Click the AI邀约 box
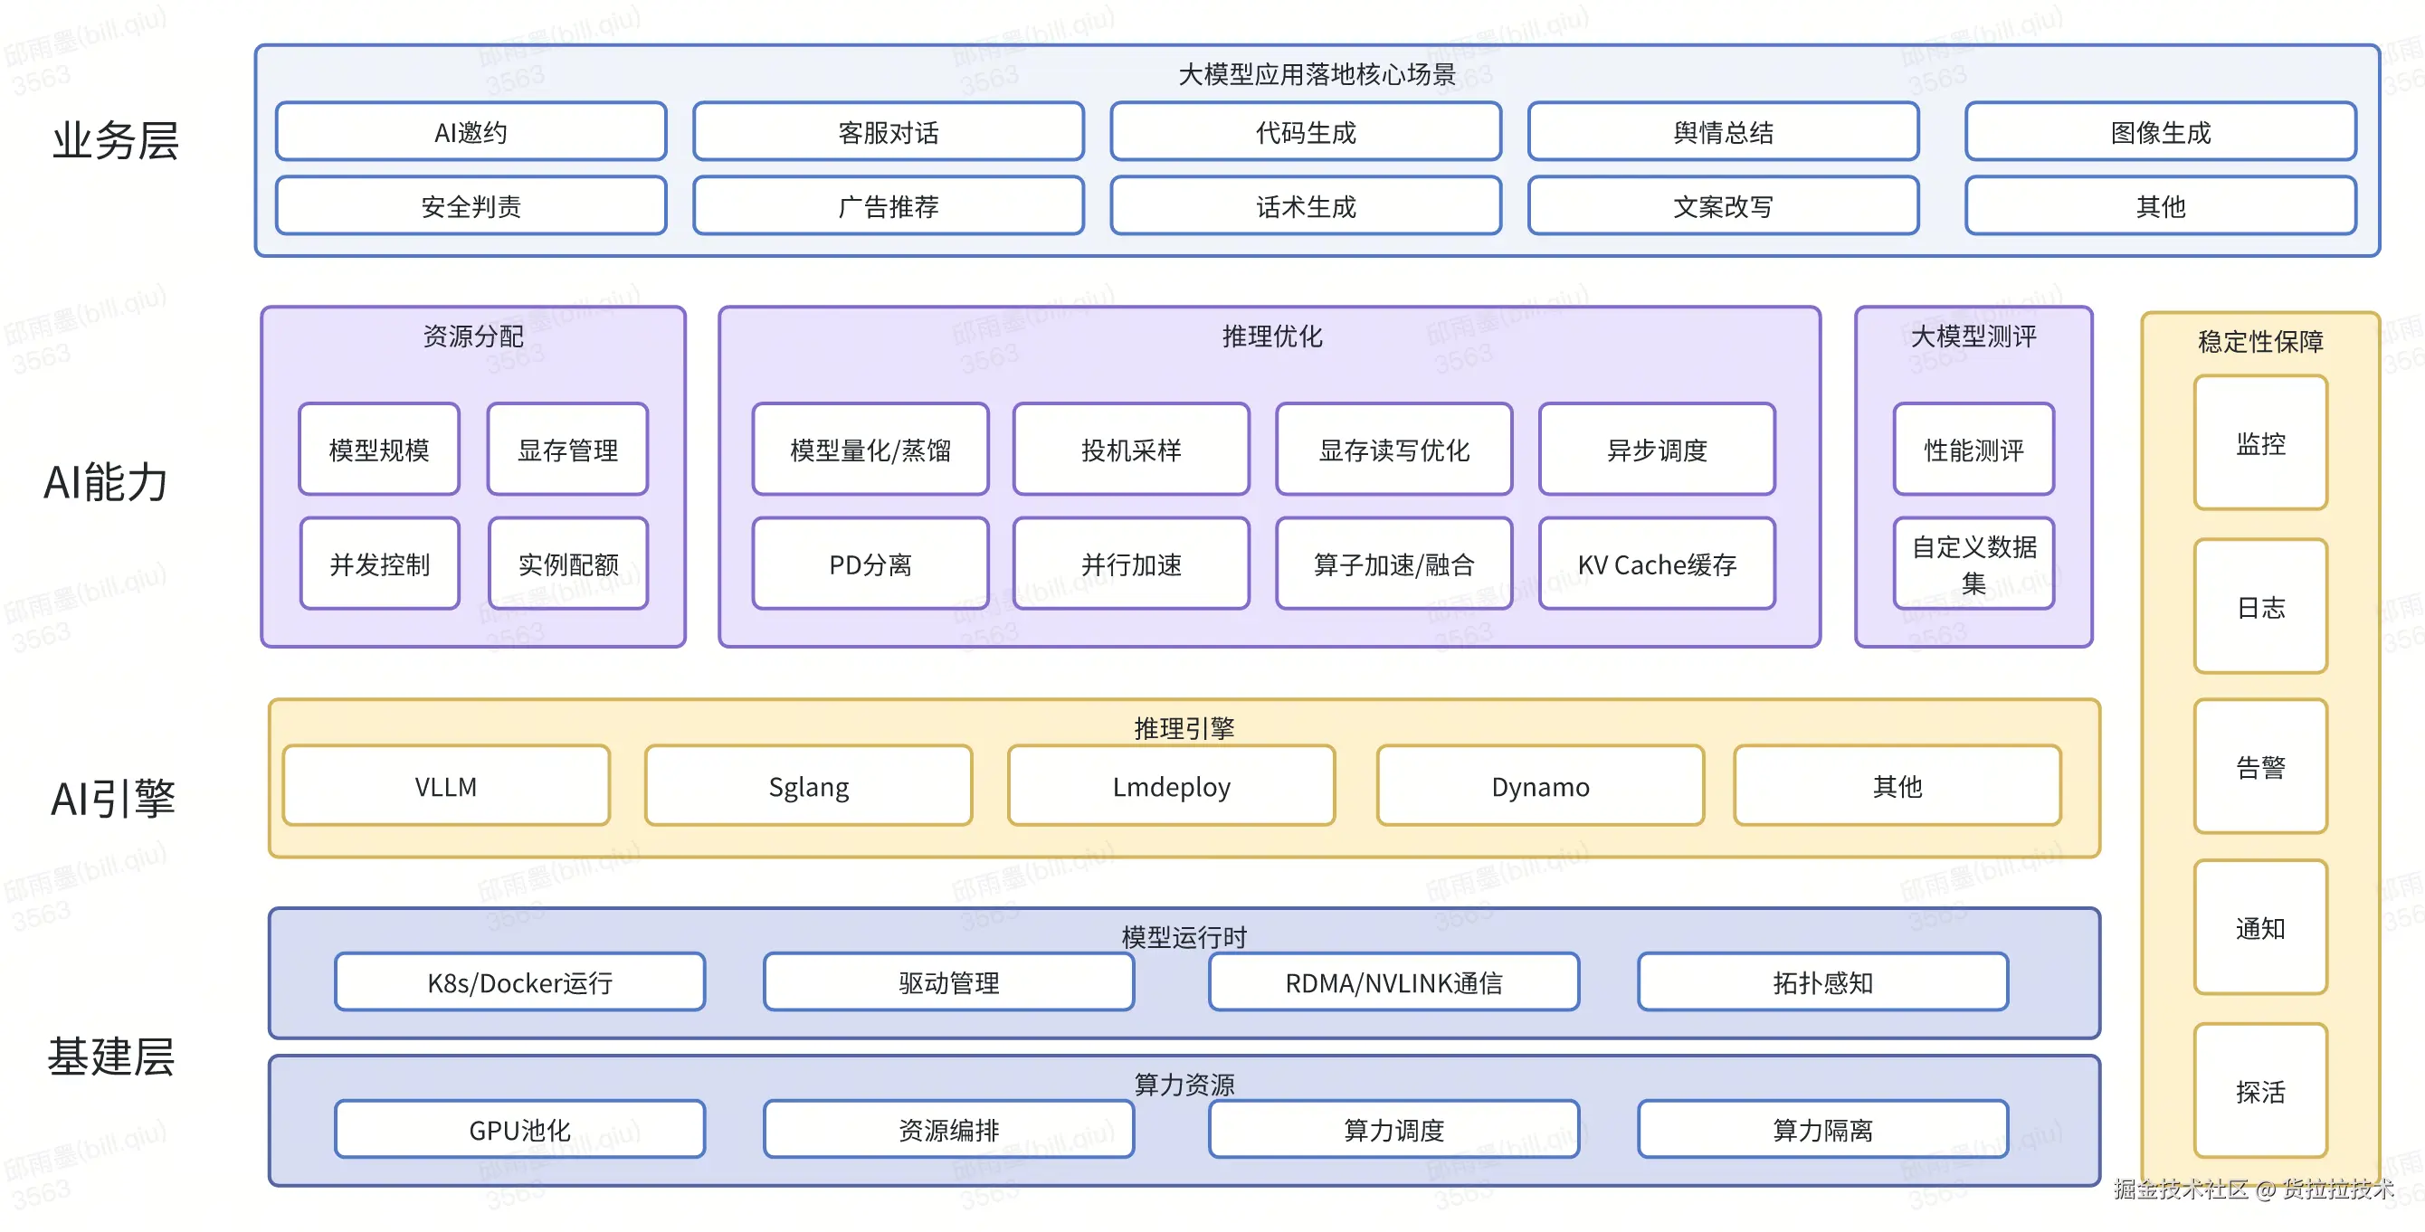point(471,132)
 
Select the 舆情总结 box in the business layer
point(1723,132)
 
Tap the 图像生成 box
point(2160,132)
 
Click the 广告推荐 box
point(888,206)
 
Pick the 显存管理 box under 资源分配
point(567,450)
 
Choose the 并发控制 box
point(379,564)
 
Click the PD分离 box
point(870,564)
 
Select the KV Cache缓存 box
point(1657,564)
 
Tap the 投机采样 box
point(1130,450)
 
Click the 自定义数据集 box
point(1973,564)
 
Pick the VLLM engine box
point(446,786)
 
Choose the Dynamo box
point(1540,786)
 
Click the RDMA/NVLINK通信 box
point(1393,981)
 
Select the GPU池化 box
point(519,1129)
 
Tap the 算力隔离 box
point(1822,1129)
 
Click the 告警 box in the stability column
point(2259,766)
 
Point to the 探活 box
point(2259,1091)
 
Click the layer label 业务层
point(115,141)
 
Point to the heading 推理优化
point(1271,336)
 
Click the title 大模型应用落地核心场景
point(1316,74)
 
